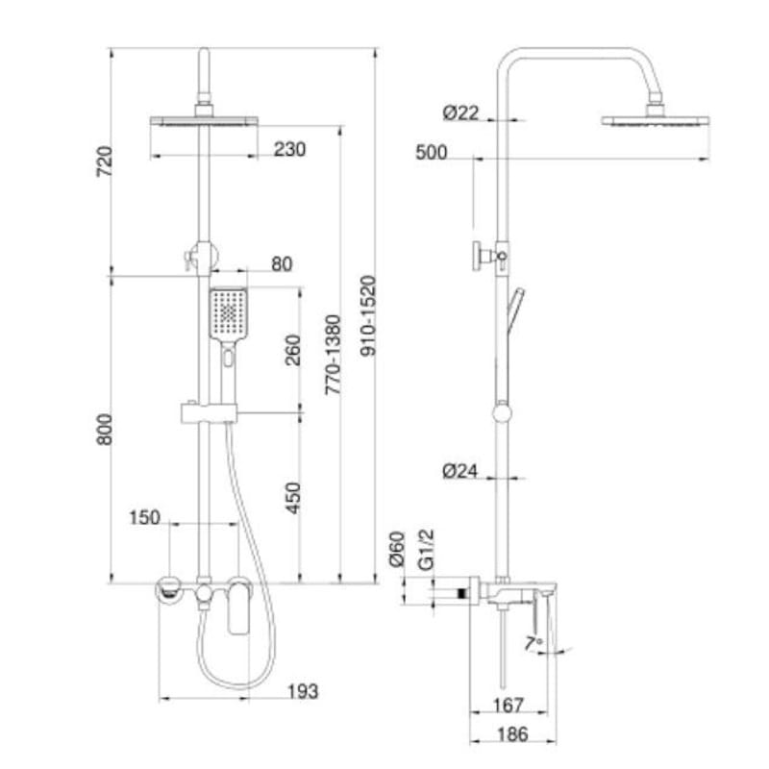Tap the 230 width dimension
click(288, 149)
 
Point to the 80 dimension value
click(282, 264)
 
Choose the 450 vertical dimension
click(293, 497)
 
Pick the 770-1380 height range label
click(333, 356)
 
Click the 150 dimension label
click(144, 518)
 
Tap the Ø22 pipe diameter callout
click(460, 113)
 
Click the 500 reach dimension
click(433, 153)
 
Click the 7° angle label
click(533, 642)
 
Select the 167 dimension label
click(508, 706)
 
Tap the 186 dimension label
click(513, 735)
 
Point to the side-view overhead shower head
click(657, 122)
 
